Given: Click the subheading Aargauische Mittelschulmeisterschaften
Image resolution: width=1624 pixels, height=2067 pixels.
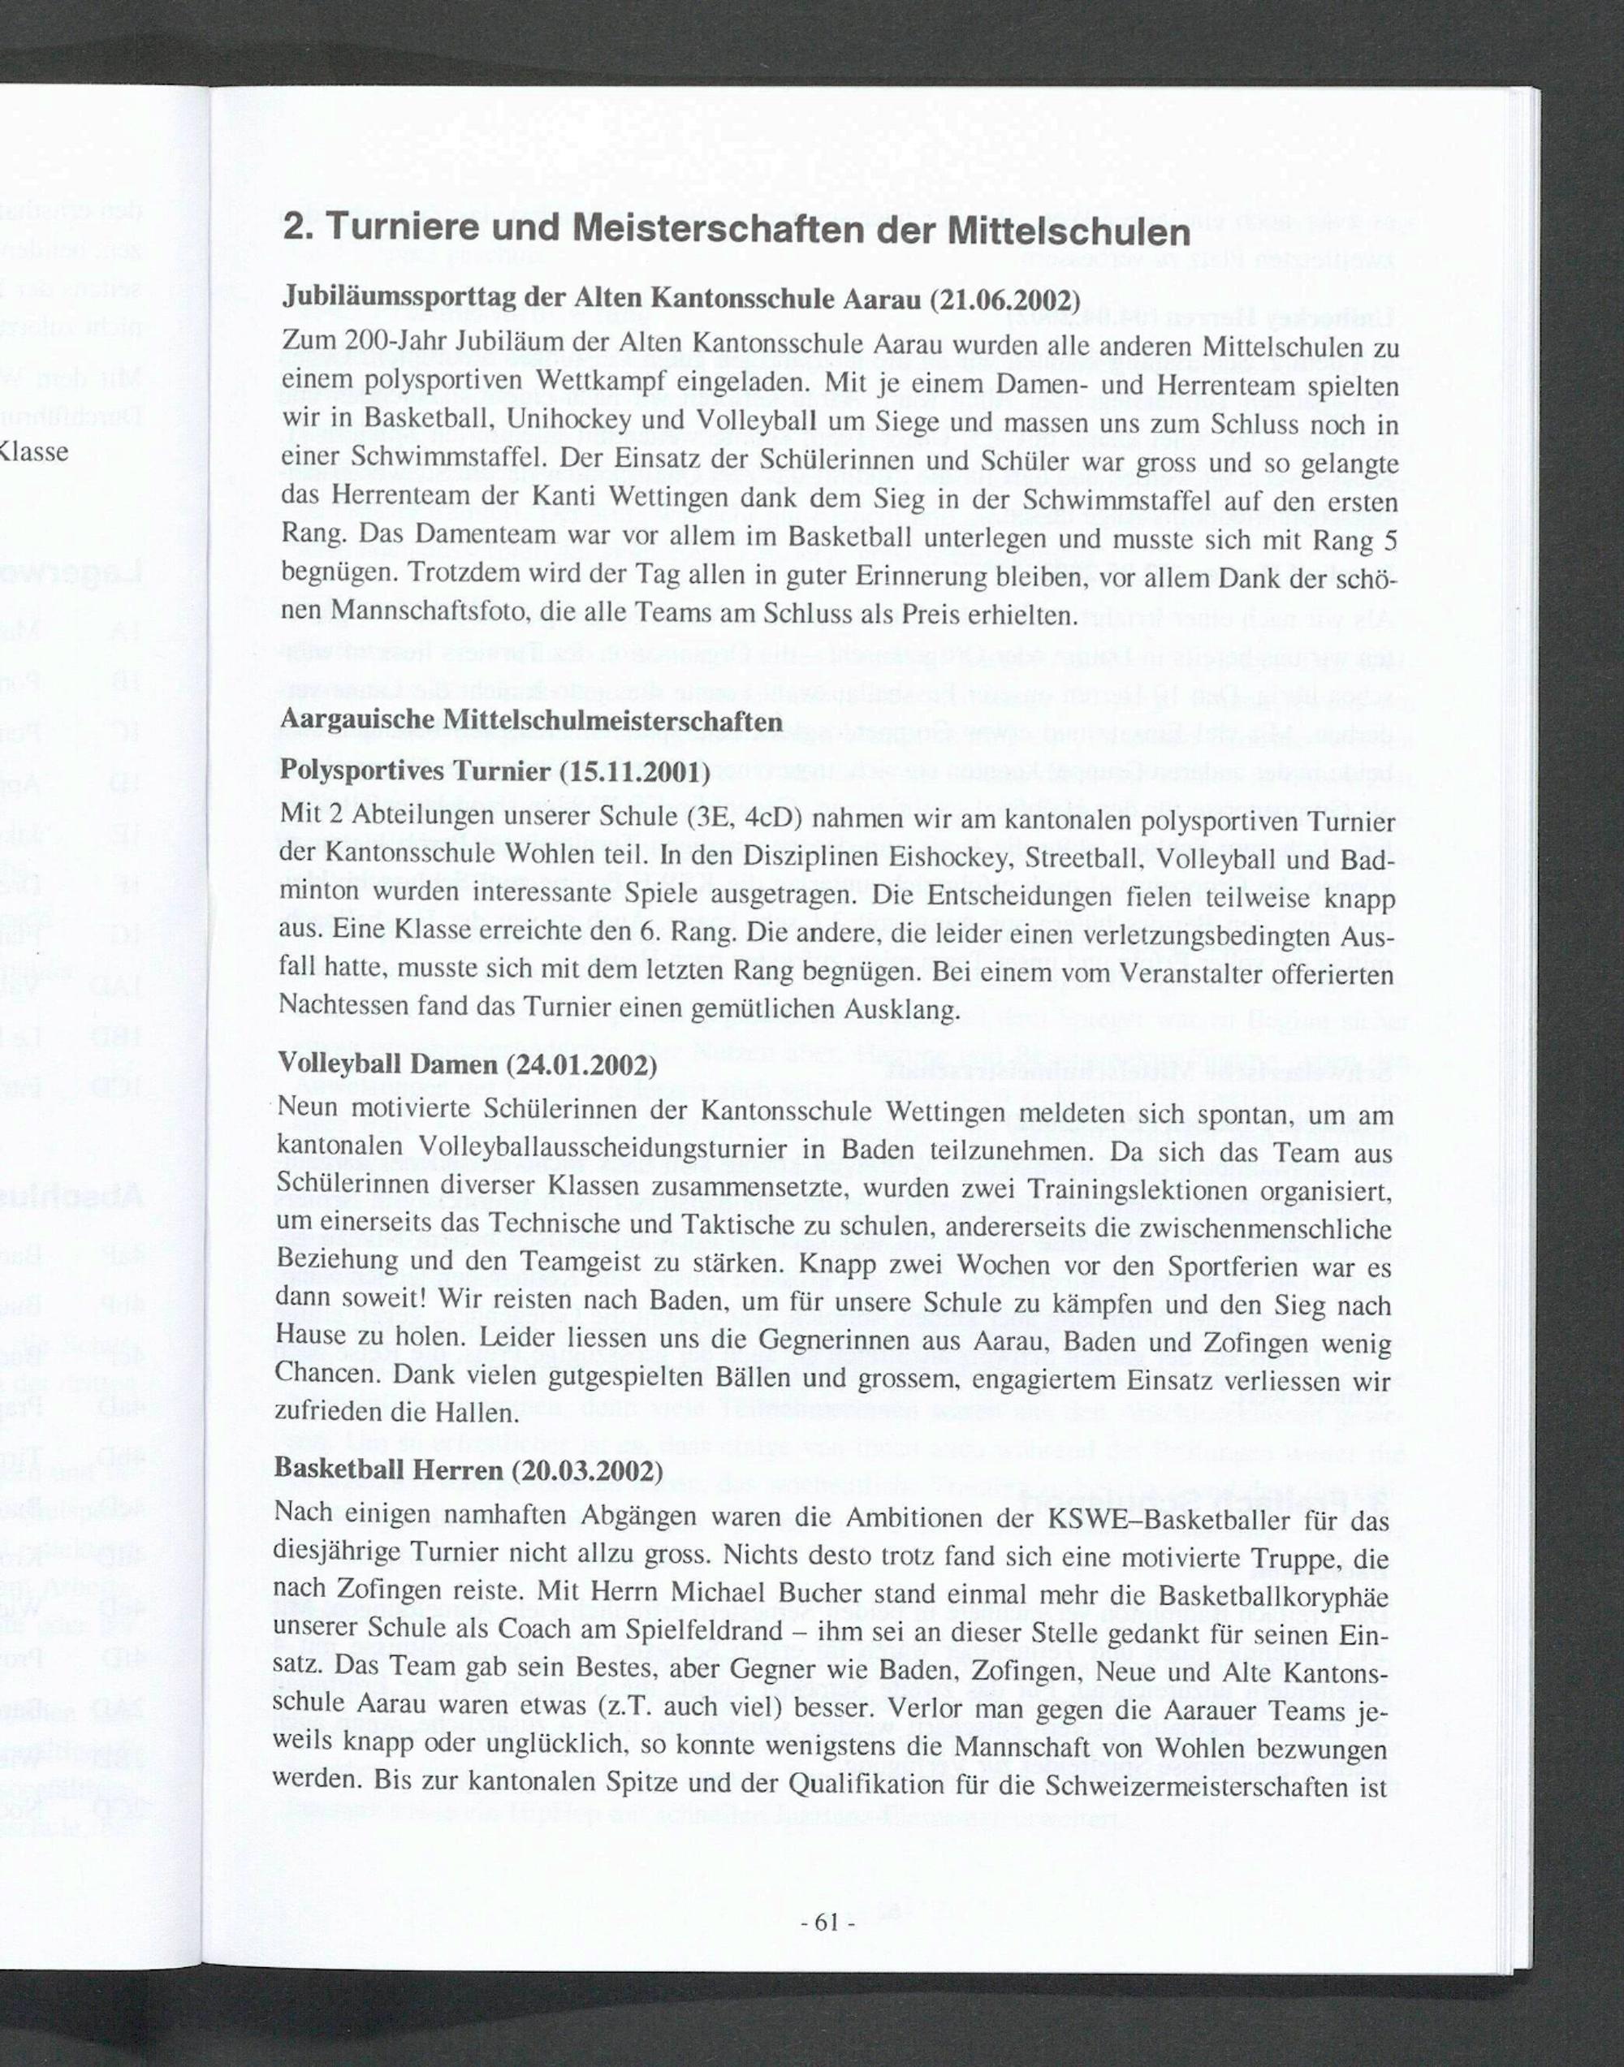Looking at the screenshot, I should click(529, 722).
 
